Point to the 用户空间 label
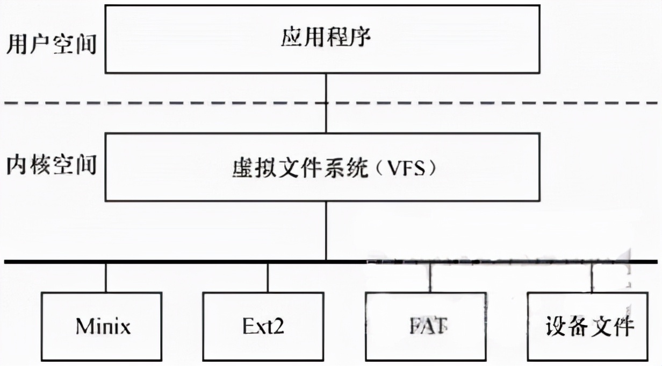(x=52, y=45)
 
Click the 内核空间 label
(x=52, y=164)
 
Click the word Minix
(x=103, y=326)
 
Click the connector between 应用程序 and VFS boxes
(x=326, y=89)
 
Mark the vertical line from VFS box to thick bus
(x=326, y=231)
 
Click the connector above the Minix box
(x=105, y=278)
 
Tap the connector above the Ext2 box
(x=268, y=278)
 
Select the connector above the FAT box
(x=429, y=278)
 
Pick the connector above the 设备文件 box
(x=592, y=278)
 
